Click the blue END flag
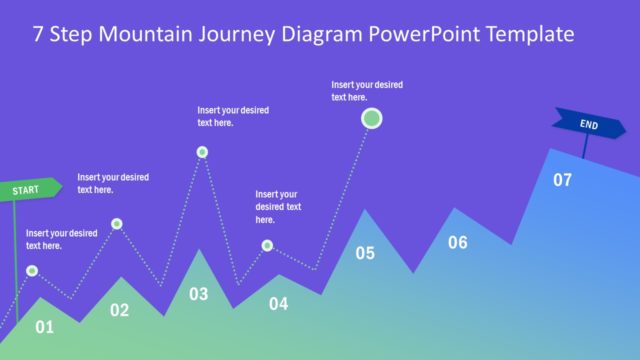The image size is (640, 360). pos(588,125)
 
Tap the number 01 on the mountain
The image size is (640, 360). pos(44,326)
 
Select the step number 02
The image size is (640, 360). pos(119,310)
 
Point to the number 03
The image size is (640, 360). pos(199,294)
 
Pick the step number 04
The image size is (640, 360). pos(278,303)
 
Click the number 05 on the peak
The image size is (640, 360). pos(365,253)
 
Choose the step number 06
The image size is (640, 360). pos(457,242)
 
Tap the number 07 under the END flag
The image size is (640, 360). pos(562,180)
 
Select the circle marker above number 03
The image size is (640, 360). pos(202,152)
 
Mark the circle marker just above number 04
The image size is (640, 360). pos(267,245)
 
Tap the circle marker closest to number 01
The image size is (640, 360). pos(32,270)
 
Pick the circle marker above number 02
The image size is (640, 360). pos(117,224)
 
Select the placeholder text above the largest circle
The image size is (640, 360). pos(367,91)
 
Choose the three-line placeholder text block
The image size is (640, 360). pos(278,207)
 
